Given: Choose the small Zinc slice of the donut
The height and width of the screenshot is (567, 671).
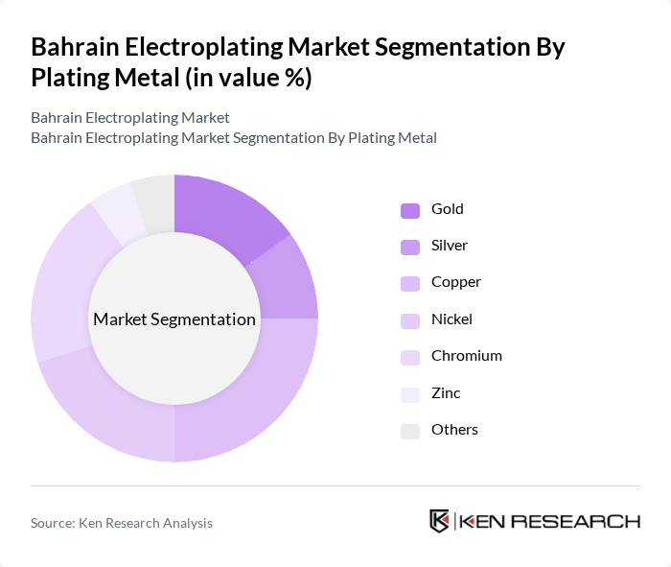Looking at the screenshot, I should [116, 210].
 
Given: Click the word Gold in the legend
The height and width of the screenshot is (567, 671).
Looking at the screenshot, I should [447, 209].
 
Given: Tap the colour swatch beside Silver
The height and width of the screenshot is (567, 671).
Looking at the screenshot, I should [410, 247].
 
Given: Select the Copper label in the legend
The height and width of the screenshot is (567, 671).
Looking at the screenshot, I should [455, 282].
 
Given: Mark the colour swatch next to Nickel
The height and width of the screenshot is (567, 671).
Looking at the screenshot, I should [410, 320].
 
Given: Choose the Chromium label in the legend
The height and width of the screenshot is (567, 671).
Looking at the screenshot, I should [466, 356].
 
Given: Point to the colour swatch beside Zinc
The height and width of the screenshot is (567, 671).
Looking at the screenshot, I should [410, 394].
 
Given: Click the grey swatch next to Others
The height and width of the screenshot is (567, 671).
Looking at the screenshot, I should [410, 431].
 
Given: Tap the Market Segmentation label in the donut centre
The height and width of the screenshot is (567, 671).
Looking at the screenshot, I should [174, 319].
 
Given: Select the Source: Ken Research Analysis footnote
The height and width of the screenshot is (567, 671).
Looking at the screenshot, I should [122, 523].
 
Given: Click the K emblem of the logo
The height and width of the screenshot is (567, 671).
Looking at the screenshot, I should [439, 521].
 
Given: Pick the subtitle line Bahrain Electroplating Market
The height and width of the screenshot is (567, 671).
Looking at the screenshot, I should [130, 118].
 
